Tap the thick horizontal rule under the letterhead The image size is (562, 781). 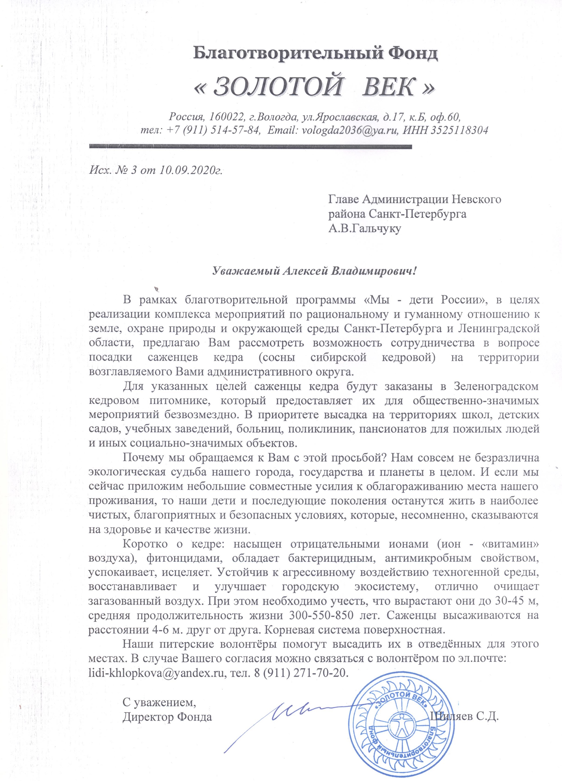click(250, 146)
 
